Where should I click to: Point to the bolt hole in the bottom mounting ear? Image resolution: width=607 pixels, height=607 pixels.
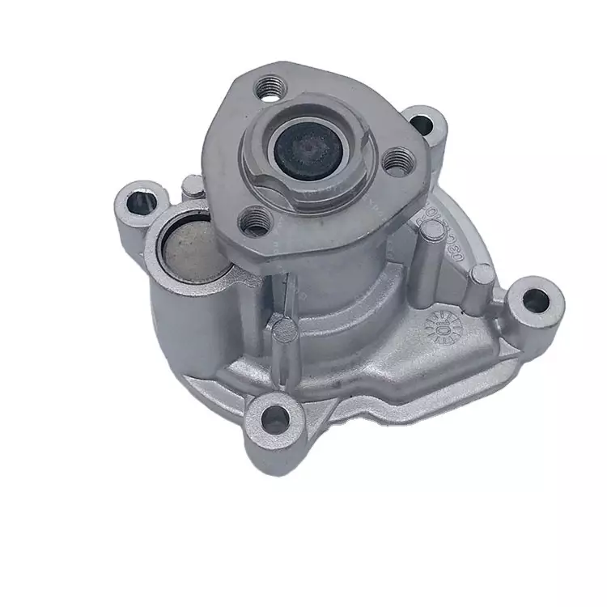(275, 417)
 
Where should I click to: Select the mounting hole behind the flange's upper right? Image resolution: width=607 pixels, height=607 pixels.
(422, 124)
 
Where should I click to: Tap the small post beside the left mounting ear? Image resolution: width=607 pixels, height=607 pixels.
(192, 187)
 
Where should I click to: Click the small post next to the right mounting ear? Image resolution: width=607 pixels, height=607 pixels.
(481, 275)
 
